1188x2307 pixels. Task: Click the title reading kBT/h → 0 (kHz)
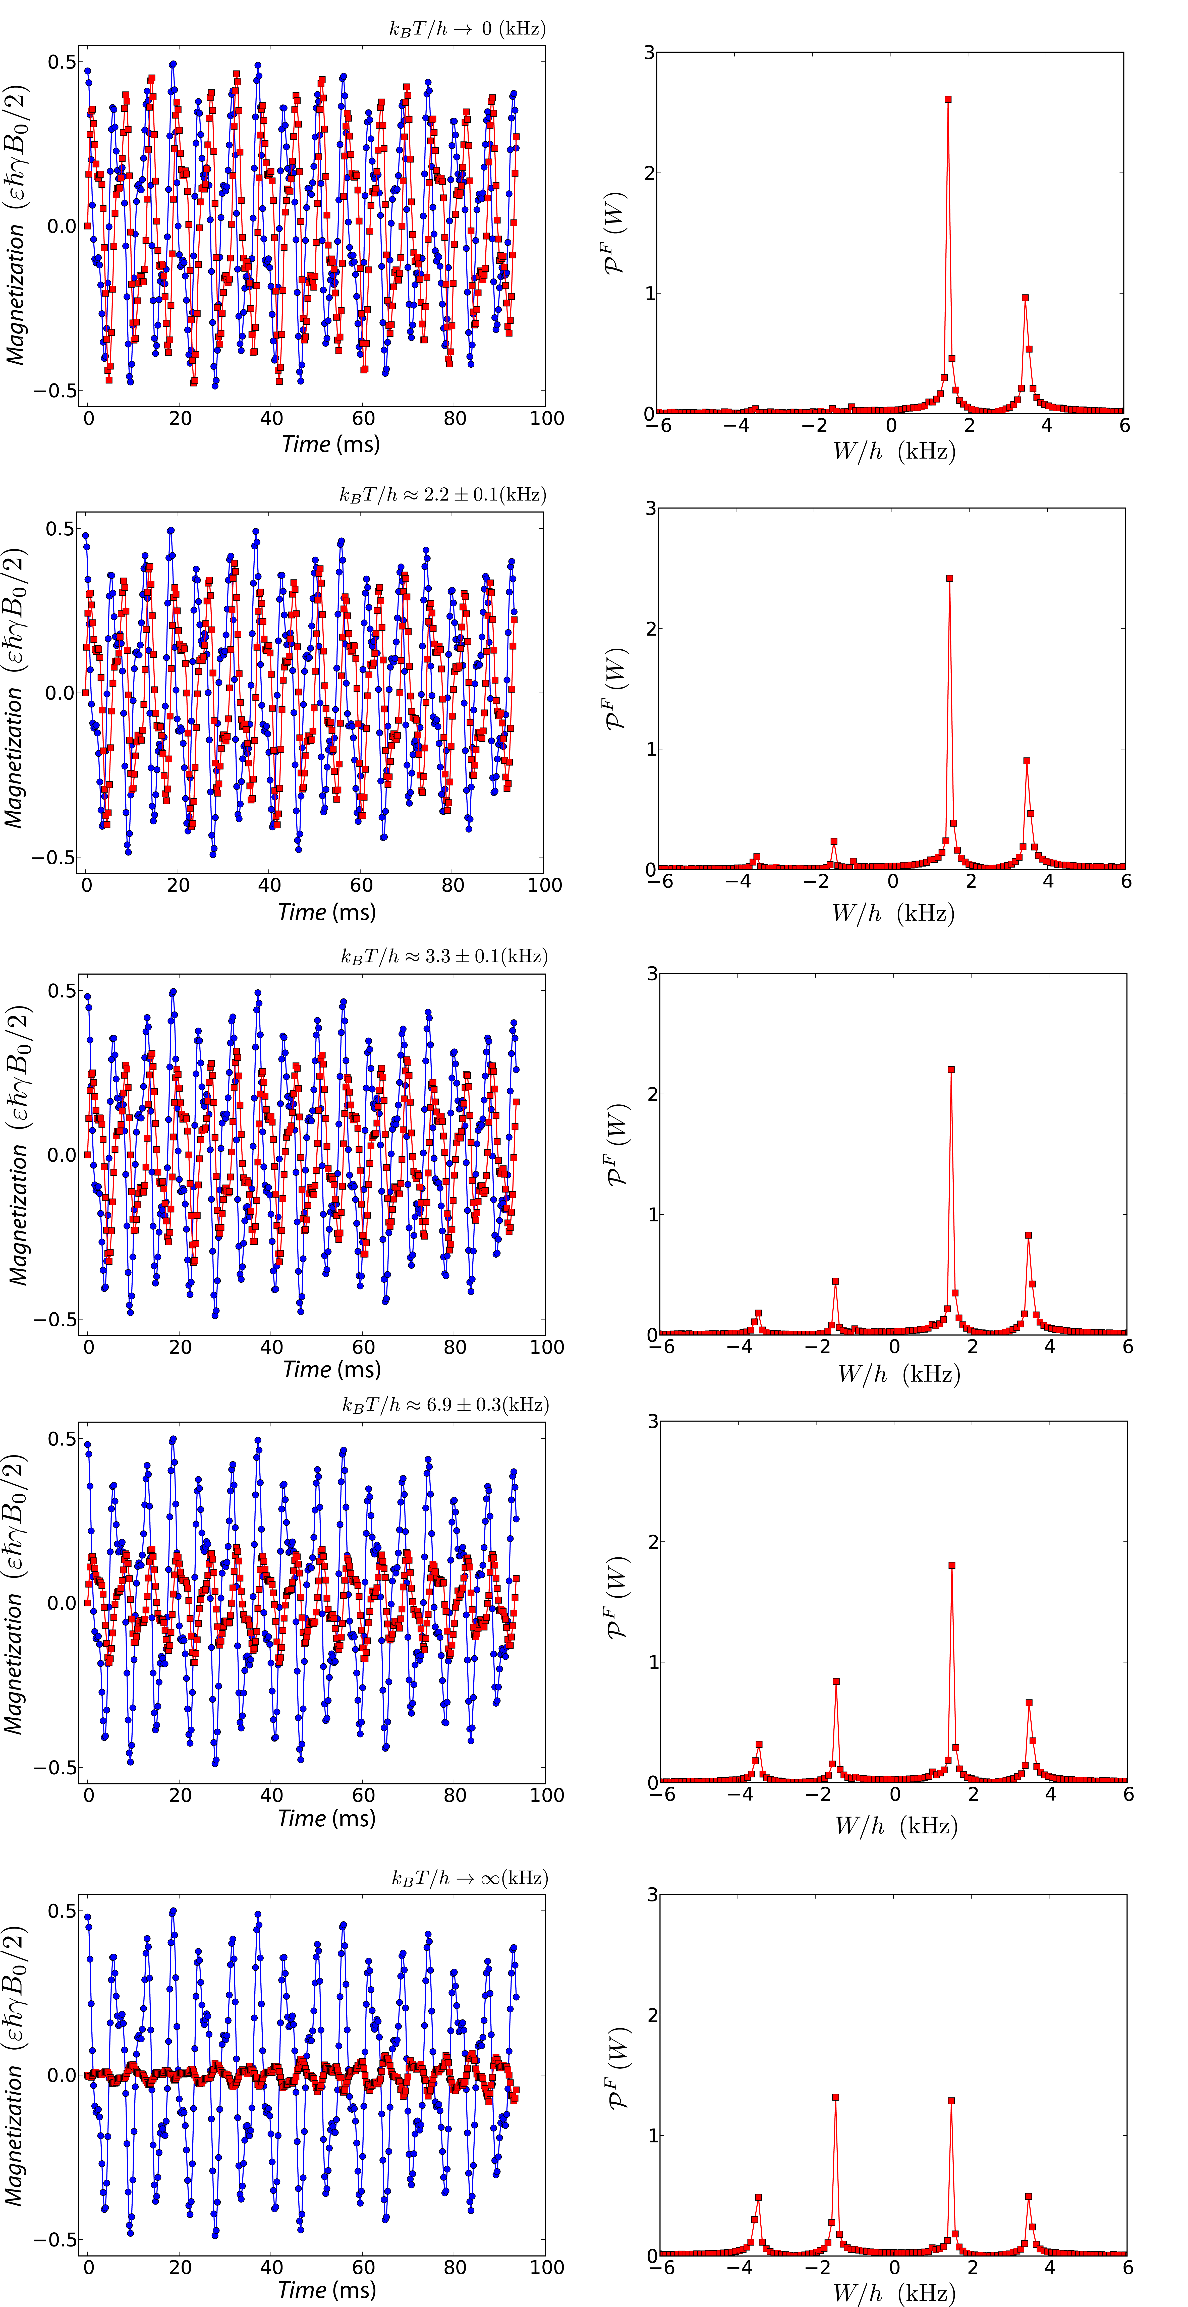tap(466, 29)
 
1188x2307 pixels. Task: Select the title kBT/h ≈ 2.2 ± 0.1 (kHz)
tap(442, 494)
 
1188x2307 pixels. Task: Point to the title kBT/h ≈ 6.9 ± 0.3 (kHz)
tap(445, 1404)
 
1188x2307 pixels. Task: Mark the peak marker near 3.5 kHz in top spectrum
tap(1025, 297)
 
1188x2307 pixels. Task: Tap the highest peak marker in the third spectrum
tap(951, 1069)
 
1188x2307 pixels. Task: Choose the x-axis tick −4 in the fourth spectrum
tap(740, 1794)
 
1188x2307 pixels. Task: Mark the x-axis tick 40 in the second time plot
tap(269, 885)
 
